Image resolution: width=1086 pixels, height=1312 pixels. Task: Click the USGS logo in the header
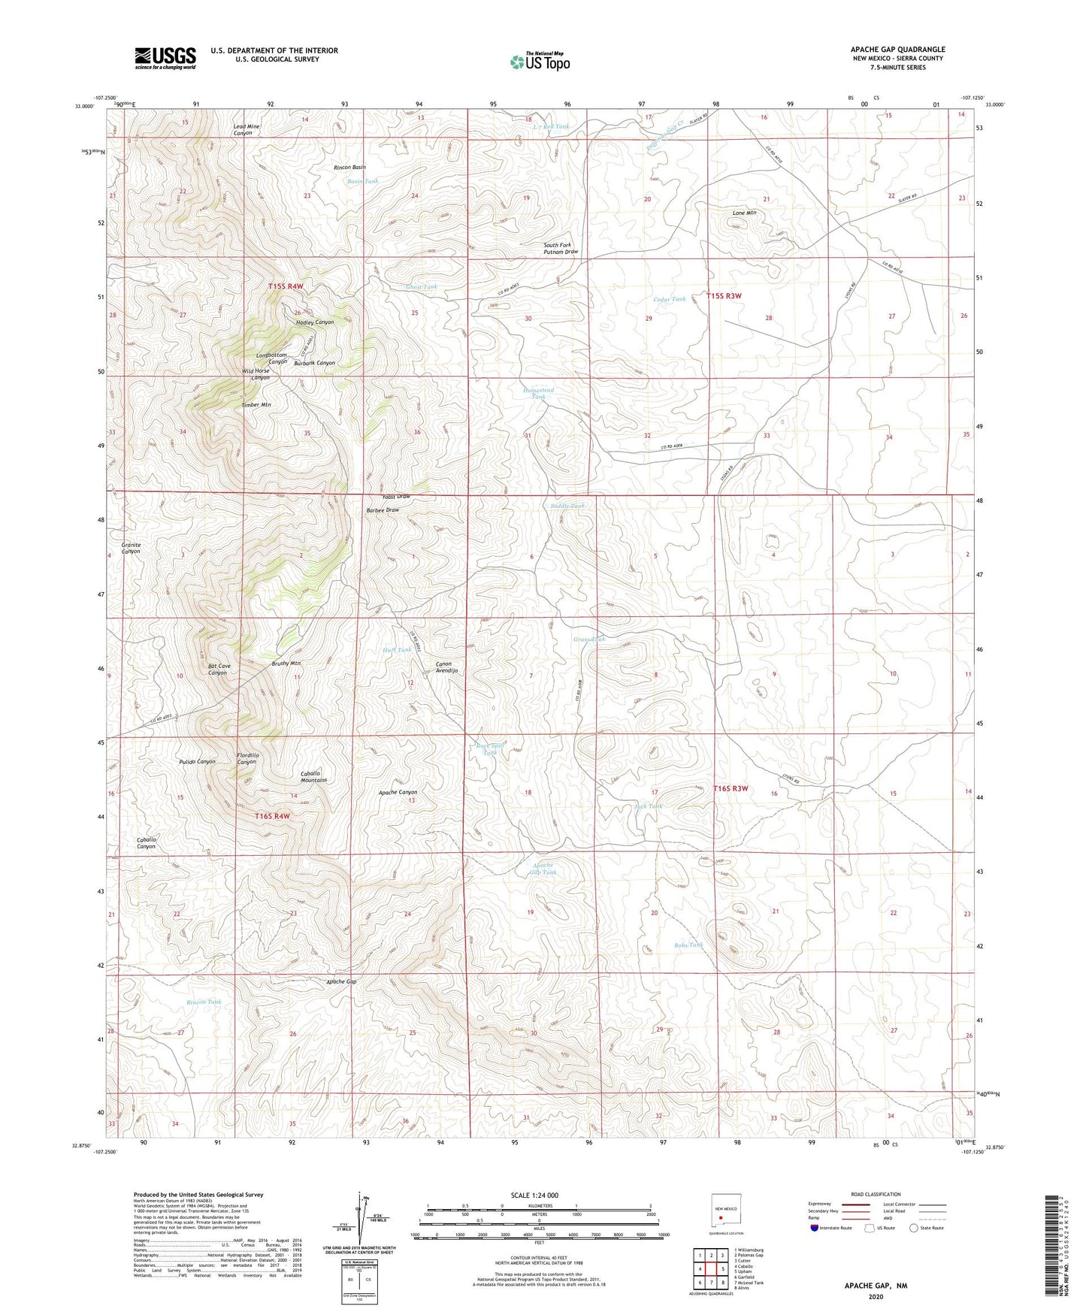(x=165, y=58)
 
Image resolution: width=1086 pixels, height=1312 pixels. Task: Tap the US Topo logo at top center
(x=540, y=62)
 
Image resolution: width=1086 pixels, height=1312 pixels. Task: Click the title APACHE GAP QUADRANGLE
(x=898, y=50)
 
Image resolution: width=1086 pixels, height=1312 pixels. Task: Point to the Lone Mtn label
(x=744, y=213)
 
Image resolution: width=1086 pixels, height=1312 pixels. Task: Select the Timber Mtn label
(x=256, y=405)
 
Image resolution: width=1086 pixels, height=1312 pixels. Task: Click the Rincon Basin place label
(x=349, y=167)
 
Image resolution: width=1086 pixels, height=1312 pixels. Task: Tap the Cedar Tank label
(x=669, y=299)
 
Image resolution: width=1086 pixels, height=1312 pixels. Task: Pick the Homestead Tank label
(x=538, y=393)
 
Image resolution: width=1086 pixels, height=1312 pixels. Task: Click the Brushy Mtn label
(x=286, y=664)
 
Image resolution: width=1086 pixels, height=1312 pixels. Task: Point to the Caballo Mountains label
(x=314, y=777)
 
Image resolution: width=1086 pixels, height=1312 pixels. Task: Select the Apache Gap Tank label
(x=543, y=869)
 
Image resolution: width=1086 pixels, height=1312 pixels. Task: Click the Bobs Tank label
(x=688, y=945)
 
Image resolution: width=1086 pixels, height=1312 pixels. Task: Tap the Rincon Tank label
(x=204, y=1002)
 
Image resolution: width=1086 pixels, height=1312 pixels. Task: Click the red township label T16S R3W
(x=731, y=788)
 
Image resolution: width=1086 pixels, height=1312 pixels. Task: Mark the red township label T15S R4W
(x=286, y=287)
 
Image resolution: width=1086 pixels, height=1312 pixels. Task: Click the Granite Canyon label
(x=131, y=548)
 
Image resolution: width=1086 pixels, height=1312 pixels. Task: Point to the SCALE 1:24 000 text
(x=534, y=1196)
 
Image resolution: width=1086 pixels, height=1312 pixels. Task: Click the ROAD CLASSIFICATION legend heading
(x=876, y=1194)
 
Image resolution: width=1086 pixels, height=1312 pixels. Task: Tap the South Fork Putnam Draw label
(x=561, y=249)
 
